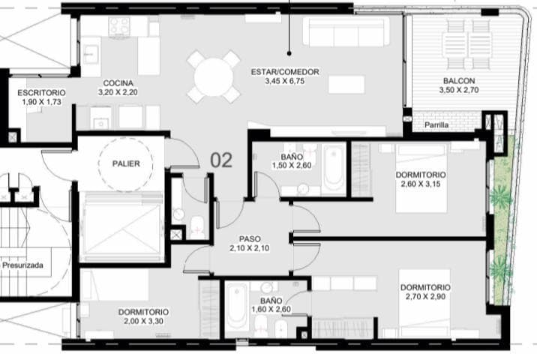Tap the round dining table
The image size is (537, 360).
click(214, 76)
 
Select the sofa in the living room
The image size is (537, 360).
click(346, 31)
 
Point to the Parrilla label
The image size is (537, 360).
click(436, 125)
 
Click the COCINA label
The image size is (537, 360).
click(118, 82)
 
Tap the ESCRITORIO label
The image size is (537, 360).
click(40, 92)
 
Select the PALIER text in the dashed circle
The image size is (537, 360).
click(125, 163)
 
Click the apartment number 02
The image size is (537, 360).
click(221, 160)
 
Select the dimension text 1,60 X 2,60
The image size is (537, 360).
click(271, 308)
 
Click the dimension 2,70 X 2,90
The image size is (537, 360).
click(424, 297)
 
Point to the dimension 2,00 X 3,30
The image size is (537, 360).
click(142, 321)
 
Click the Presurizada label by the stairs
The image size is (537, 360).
click(22, 265)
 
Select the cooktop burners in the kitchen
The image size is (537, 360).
click(119, 27)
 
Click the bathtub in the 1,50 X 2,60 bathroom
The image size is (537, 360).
click(334, 168)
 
